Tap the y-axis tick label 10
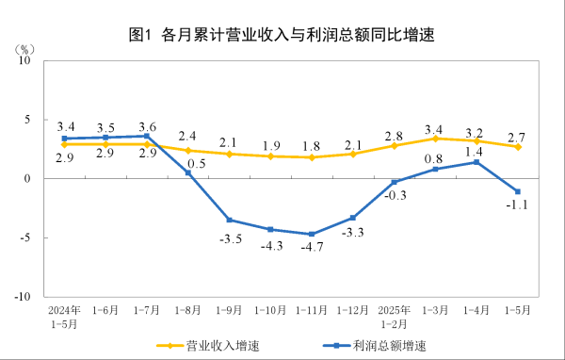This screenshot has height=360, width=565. tap(25, 59)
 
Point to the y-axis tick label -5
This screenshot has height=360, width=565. tap(25, 237)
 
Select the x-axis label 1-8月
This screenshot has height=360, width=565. tap(189, 308)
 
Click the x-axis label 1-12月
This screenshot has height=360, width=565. tap(353, 308)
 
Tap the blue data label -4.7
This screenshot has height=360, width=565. tap(312, 249)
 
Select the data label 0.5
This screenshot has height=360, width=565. tap(196, 162)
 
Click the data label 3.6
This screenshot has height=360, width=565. tap(147, 127)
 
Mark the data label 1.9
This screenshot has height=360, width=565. tap(271, 145)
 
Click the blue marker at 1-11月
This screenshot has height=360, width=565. tap(312, 234)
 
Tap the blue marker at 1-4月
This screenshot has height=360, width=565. tap(476, 162)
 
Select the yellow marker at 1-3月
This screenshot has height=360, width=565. tap(435, 139)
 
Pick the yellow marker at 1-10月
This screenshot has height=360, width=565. tap(270, 155)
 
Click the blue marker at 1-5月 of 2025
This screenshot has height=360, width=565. tap(518, 191)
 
